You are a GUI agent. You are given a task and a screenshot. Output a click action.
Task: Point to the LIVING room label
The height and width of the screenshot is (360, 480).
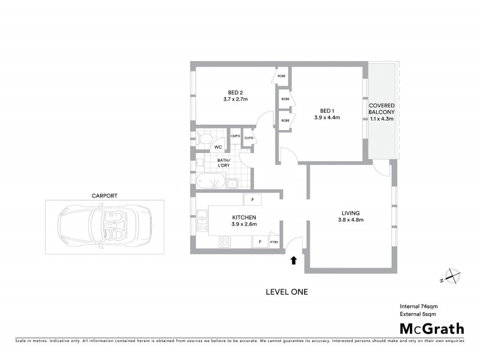click(x=351, y=212)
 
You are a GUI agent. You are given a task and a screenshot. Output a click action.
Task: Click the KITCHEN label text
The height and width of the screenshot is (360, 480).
click(x=244, y=217)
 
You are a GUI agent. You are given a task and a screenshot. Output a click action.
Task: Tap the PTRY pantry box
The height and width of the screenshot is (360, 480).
click(x=274, y=242)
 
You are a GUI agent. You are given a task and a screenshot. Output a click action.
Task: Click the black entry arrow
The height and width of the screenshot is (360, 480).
click(x=294, y=260)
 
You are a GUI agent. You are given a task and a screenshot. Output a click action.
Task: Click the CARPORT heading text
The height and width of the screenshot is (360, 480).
click(x=104, y=196)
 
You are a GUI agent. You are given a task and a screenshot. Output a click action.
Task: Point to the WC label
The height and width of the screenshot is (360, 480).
click(x=219, y=146)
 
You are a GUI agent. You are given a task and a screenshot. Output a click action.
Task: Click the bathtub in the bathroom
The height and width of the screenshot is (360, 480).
click(x=211, y=182)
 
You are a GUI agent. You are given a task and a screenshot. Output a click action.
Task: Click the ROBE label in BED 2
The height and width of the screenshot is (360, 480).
click(x=281, y=77)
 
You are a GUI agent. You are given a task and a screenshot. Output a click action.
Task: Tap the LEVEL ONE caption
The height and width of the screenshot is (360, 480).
click(x=287, y=292)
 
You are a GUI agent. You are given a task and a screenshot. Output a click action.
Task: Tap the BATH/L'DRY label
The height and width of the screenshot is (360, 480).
click(x=226, y=163)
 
